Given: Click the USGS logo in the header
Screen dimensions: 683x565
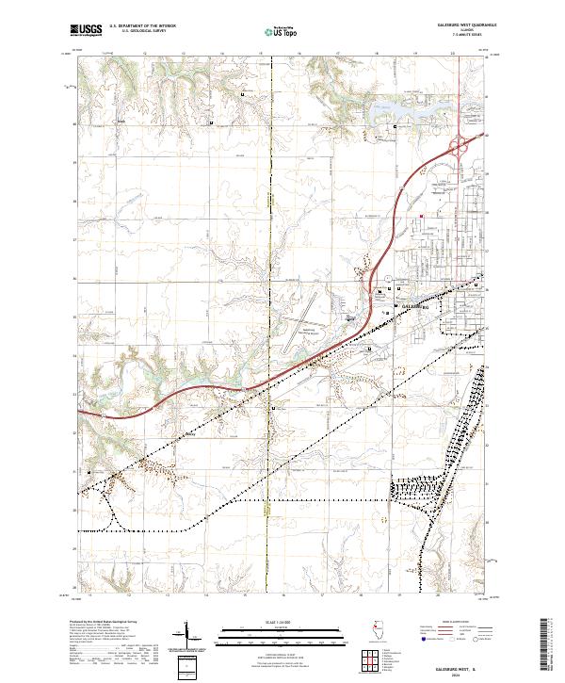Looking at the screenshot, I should pos(85,31).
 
